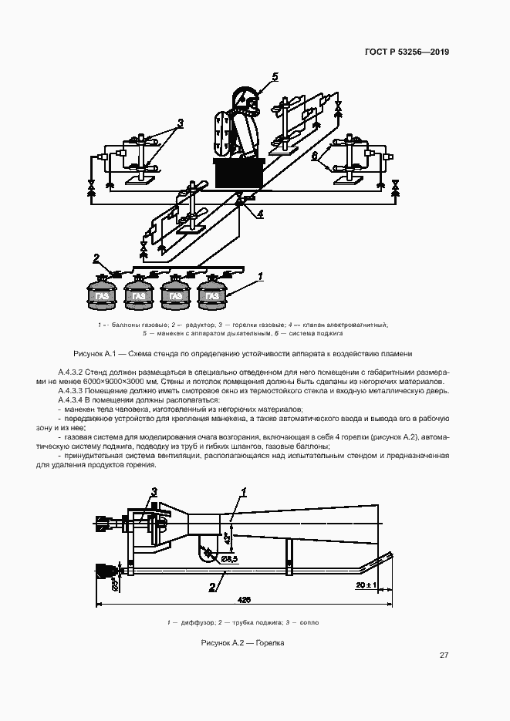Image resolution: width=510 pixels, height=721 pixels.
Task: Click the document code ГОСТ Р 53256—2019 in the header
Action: [x=406, y=52]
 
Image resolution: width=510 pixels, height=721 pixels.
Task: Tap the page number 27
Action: [x=444, y=655]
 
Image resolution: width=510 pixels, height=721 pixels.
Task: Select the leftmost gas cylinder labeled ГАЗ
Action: [x=100, y=295]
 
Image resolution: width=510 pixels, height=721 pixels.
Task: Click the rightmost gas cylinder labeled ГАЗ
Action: [x=212, y=295]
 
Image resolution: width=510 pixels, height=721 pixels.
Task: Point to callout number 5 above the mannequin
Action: [x=274, y=76]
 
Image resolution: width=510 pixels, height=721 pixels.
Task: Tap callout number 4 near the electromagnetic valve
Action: [x=260, y=213]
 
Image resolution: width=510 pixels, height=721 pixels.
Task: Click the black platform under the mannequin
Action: [x=239, y=173]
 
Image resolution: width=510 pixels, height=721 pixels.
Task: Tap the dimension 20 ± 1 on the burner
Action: [x=366, y=586]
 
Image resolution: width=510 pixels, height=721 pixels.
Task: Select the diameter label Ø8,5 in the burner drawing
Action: [x=228, y=558]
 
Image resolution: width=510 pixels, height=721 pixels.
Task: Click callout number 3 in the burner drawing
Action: [x=154, y=491]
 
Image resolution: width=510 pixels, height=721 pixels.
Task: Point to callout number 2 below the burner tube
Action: [x=211, y=587]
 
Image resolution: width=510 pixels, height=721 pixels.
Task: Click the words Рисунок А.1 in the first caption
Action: [x=93, y=353]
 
